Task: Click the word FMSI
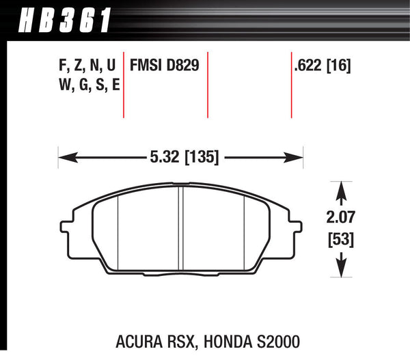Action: [145, 66]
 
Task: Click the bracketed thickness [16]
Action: [342, 66]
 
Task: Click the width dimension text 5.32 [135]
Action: [183, 157]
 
